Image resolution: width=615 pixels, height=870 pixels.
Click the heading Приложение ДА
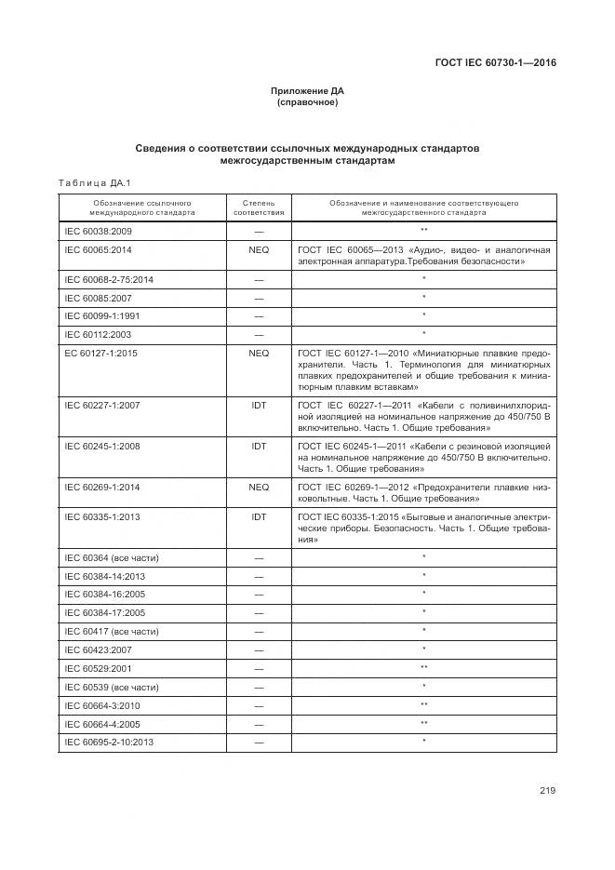click(307, 91)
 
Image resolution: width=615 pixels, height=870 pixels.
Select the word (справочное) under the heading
click(307, 102)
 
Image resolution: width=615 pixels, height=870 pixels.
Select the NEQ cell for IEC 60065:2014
click(259, 250)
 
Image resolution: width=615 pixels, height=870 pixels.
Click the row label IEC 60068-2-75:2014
click(109, 279)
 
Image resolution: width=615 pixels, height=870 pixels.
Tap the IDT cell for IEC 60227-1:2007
click(259, 406)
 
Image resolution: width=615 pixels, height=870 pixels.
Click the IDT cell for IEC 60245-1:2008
click(259, 447)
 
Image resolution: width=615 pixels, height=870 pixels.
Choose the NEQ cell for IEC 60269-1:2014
click(259, 487)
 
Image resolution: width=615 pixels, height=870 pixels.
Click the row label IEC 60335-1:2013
click(101, 515)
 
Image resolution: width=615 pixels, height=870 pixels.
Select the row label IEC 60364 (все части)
click(111, 557)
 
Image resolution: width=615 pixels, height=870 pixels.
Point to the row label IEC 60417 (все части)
click(111, 630)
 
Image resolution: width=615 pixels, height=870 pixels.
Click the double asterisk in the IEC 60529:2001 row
click(423, 667)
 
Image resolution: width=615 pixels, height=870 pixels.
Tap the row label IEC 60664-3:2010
click(101, 705)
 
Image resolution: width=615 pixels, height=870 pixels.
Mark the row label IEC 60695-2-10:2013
click(109, 742)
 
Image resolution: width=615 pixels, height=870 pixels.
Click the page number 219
click(546, 791)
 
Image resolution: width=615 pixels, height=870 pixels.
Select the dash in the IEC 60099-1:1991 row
click(259, 315)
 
